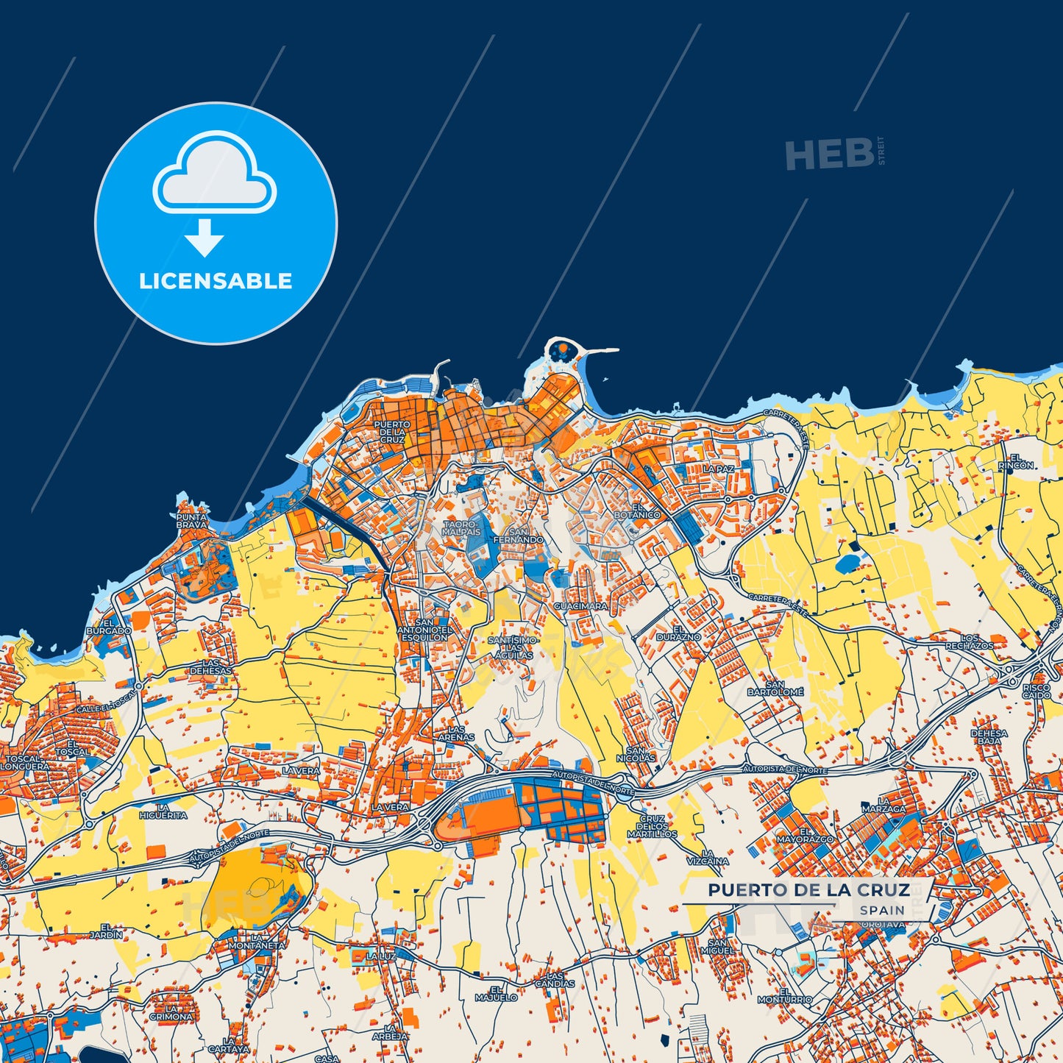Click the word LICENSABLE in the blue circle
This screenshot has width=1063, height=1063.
click(216, 281)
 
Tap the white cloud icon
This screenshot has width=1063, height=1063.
click(214, 173)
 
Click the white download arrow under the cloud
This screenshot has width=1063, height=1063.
click(205, 238)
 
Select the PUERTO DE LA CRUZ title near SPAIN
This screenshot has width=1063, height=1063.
click(808, 890)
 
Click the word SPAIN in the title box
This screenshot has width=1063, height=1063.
click(882, 910)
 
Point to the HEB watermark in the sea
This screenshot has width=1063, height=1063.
click(830, 154)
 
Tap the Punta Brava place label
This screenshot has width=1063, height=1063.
click(191, 521)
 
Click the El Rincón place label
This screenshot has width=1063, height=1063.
click(1015, 461)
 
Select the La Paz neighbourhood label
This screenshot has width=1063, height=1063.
click(718, 469)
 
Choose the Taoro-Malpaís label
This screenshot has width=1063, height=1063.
click(461, 527)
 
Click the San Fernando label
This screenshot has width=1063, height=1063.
click(519, 536)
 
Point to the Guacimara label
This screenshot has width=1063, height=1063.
click(580, 606)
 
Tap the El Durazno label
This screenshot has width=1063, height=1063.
click(678, 633)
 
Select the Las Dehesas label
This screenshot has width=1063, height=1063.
click(210, 667)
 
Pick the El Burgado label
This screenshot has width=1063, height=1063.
click(109, 627)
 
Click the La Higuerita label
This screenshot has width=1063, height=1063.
click(163, 811)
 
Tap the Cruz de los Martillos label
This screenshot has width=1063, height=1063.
click(652, 826)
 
